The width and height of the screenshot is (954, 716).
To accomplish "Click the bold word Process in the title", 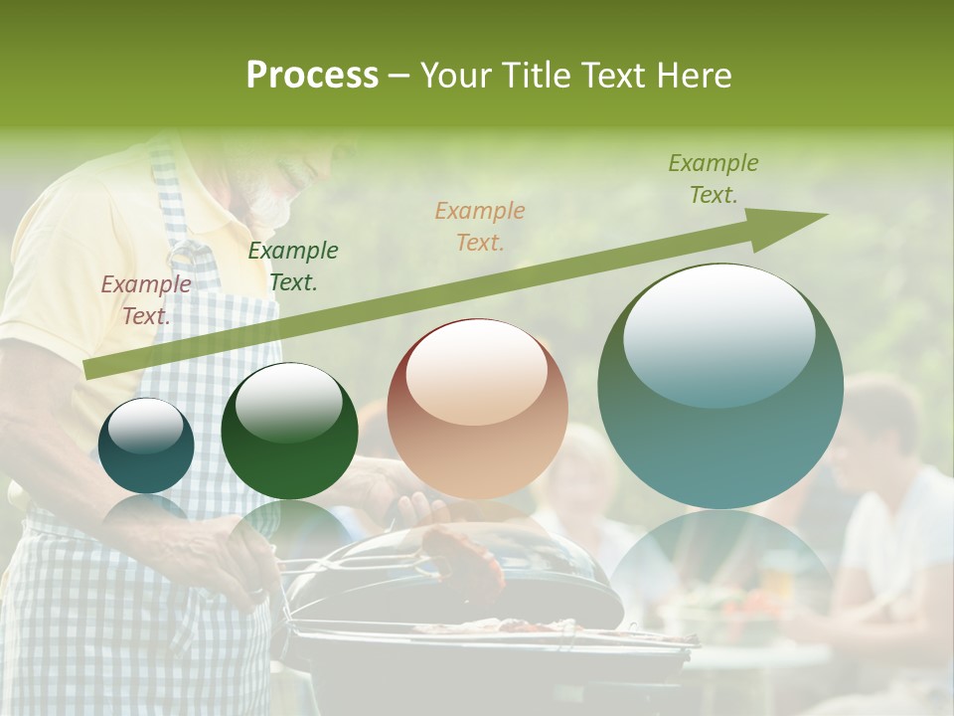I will [312, 75].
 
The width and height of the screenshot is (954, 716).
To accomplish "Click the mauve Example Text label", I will [145, 299].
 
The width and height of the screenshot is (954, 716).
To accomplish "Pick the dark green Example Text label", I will [292, 266].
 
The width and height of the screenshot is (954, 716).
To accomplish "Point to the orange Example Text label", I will [479, 226].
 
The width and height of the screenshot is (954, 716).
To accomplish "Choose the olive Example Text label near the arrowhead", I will [713, 179].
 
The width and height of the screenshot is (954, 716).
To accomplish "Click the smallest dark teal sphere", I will [146, 446].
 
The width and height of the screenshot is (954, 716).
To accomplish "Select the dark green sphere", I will [289, 431].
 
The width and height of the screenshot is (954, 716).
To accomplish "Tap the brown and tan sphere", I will [477, 409].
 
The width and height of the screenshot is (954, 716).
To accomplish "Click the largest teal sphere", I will [719, 386].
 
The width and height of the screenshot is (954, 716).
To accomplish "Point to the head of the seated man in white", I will [879, 418].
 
